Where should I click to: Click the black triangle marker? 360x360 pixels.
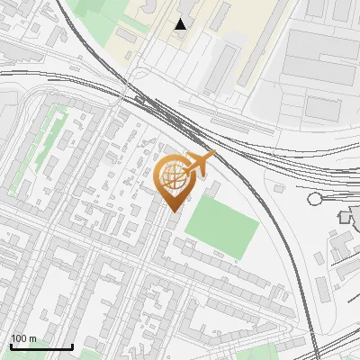[181, 23]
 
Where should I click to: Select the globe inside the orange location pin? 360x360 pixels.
[173, 177]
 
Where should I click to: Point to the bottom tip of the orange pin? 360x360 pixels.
[173, 211]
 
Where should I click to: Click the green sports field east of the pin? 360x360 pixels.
[222, 223]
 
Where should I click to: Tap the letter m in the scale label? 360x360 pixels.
[34, 338]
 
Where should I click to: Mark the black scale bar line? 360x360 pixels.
[40, 347]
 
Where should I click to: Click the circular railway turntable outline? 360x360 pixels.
[315, 199]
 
